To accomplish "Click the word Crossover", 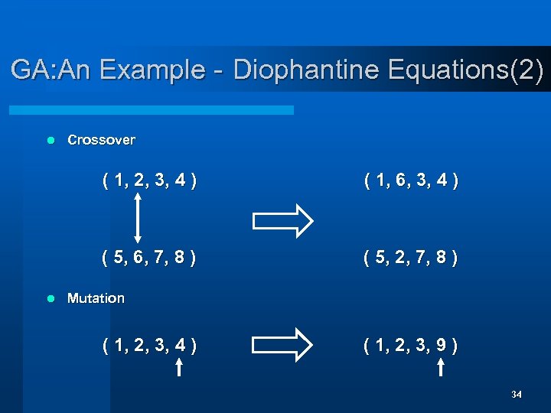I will (101, 140).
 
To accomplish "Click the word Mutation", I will (96, 298).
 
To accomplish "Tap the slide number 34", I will (517, 394).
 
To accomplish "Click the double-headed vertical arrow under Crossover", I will (136, 220).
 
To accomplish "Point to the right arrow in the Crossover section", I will (282, 221).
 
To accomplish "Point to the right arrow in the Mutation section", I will (282, 344).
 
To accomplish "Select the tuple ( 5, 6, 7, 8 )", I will (149, 259).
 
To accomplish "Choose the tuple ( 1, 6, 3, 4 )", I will (412, 181).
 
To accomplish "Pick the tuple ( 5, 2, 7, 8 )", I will (412, 259).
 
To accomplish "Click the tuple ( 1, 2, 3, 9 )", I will (412, 346).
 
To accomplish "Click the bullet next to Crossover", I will (51, 140).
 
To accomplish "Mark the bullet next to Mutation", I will (51, 298).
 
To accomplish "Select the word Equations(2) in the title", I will (466, 70).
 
